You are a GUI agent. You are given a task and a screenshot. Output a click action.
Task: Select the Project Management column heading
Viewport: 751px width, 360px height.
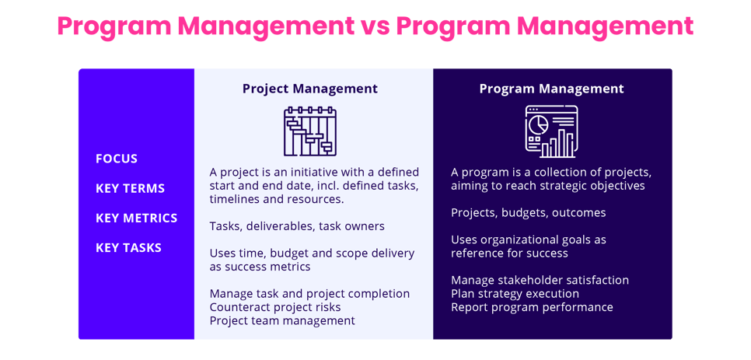pos(310,89)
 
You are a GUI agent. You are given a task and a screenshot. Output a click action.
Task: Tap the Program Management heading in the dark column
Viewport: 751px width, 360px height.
pos(551,89)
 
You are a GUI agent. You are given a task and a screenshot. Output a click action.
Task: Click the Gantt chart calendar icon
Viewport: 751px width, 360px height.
pos(310,131)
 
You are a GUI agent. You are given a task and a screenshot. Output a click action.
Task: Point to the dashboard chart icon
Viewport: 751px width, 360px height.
pos(551,131)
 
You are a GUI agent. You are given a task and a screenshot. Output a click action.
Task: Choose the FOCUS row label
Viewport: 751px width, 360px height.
pos(117,159)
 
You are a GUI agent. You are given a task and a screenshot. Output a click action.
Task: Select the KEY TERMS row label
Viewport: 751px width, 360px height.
pos(130,188)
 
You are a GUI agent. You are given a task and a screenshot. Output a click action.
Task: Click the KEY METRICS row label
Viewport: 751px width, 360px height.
pos(136,218)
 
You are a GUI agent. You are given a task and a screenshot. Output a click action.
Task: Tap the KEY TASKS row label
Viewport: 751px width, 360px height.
pos(128,247)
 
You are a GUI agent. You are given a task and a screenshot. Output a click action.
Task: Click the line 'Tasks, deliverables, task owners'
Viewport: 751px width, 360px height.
pos(297,226)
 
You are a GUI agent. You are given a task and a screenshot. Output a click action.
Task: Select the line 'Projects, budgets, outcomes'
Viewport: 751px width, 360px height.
pos(528,212)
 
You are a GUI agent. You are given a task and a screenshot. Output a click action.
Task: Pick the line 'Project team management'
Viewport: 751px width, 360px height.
pos(282,320)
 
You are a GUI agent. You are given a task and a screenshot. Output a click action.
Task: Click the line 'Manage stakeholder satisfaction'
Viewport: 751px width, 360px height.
pos(540,280)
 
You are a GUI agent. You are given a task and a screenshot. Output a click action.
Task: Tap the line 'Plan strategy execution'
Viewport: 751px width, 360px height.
pos(515,294)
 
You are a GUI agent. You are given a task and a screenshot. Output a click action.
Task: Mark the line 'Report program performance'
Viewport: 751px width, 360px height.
pos(532,307)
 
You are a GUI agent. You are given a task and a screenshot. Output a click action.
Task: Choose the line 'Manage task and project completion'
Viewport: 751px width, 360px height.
pos(309,294)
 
